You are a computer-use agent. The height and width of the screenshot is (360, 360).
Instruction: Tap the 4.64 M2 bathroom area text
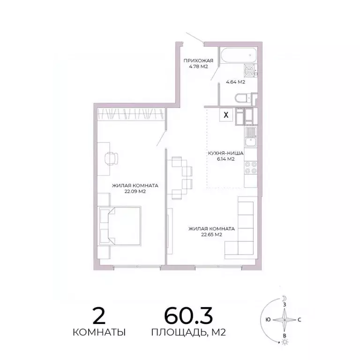236,82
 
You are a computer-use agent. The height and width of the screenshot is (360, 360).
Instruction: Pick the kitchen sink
250,137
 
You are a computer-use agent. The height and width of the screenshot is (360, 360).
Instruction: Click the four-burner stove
250,168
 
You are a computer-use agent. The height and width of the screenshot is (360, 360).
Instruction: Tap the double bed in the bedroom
120,226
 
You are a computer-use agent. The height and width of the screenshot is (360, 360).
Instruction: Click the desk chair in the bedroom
112,158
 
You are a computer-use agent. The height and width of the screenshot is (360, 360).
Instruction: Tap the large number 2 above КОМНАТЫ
99,315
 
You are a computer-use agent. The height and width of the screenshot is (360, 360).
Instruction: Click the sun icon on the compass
284,344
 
